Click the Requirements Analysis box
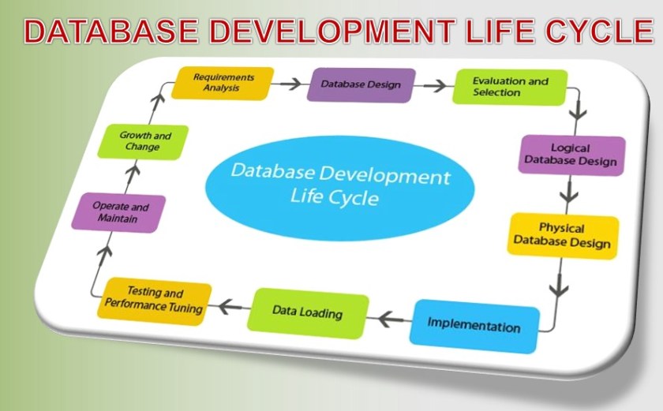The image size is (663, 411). [223, 83]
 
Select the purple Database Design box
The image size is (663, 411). [361, 85]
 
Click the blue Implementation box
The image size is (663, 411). [474, 325]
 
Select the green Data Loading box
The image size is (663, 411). [308, 312]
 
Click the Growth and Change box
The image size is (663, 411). [143, 142]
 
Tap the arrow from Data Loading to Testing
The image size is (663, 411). [230, 305]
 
